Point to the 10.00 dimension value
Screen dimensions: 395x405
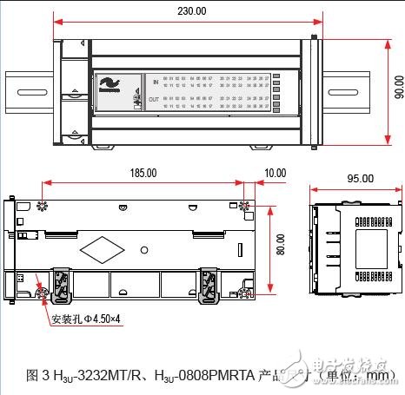coord(275,174)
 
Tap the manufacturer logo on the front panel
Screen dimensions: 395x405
coord(110,85)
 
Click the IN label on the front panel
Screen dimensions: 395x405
coord(155,82)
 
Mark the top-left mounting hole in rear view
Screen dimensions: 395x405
coord(41,206)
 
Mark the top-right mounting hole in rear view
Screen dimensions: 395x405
coord(245,207)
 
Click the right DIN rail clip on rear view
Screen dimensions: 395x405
coord(210,286)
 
